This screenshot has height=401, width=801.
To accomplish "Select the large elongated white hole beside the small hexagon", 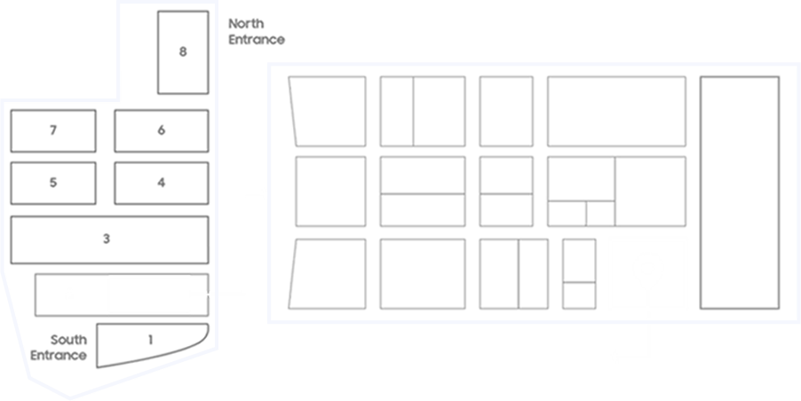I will coord(152,294).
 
